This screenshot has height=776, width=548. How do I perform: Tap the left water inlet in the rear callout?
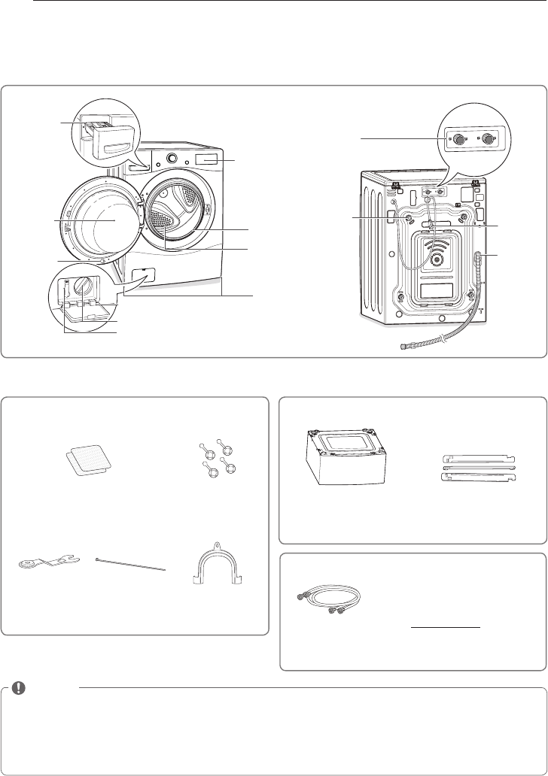(x=458, y=139)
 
